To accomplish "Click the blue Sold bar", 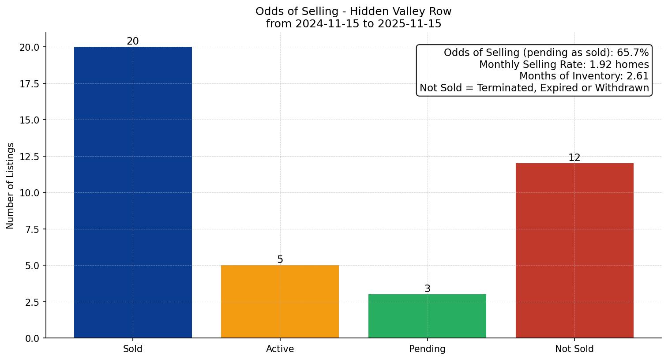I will pyautogui.click(x=133, y=192).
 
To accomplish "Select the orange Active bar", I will pyautogui.click(x=280, y=302).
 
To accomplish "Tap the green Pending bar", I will pyautogui.click(x=427, y=316).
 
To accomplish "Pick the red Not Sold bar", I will pyautogui.click(x=574, y=251).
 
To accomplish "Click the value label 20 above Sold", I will pyautogui.click(x=133, y=41).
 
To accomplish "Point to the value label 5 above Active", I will pyautogui.click(x=280, y=260).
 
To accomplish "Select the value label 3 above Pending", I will pyautogui.click(x=427, y=289).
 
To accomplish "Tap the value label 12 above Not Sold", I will pyautogui.click(x=574, y=158).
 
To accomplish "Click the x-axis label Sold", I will pyautogui.click(x=133, y=349).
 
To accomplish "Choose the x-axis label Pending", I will pyautogui.click(x=427, y=349).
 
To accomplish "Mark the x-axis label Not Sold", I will pyautogui.click(x=574, y=349).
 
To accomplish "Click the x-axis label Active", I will pyautogui.click(x=280, y=349).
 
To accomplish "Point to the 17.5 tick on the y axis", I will pyautogui.click(x=30, y=84).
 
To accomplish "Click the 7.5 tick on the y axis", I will pyautogui.click(x=32, y=229).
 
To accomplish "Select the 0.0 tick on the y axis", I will pyautogui.click(x=32, y=338).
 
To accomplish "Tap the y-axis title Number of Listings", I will pyautogui.click(x=11, y=186).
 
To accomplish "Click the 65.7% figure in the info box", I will pyautogui.click(x=633, y=53).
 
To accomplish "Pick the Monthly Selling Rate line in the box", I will pyautogui.click(x=564, y=64).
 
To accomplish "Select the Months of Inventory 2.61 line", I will pyautogui.click(x=584, y=76).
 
